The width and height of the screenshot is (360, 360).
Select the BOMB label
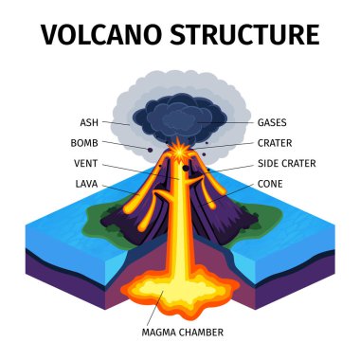[83, 143]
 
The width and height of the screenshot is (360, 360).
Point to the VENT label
[85, 163]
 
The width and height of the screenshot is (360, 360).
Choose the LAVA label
[85, 183]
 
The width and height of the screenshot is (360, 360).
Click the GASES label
[273, 122]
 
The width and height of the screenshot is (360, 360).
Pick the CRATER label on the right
[275, 143]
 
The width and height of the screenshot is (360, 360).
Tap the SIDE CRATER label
[286, 163]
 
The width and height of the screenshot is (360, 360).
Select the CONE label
[270, 183]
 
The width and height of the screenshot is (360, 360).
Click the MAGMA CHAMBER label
[183, 333]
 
